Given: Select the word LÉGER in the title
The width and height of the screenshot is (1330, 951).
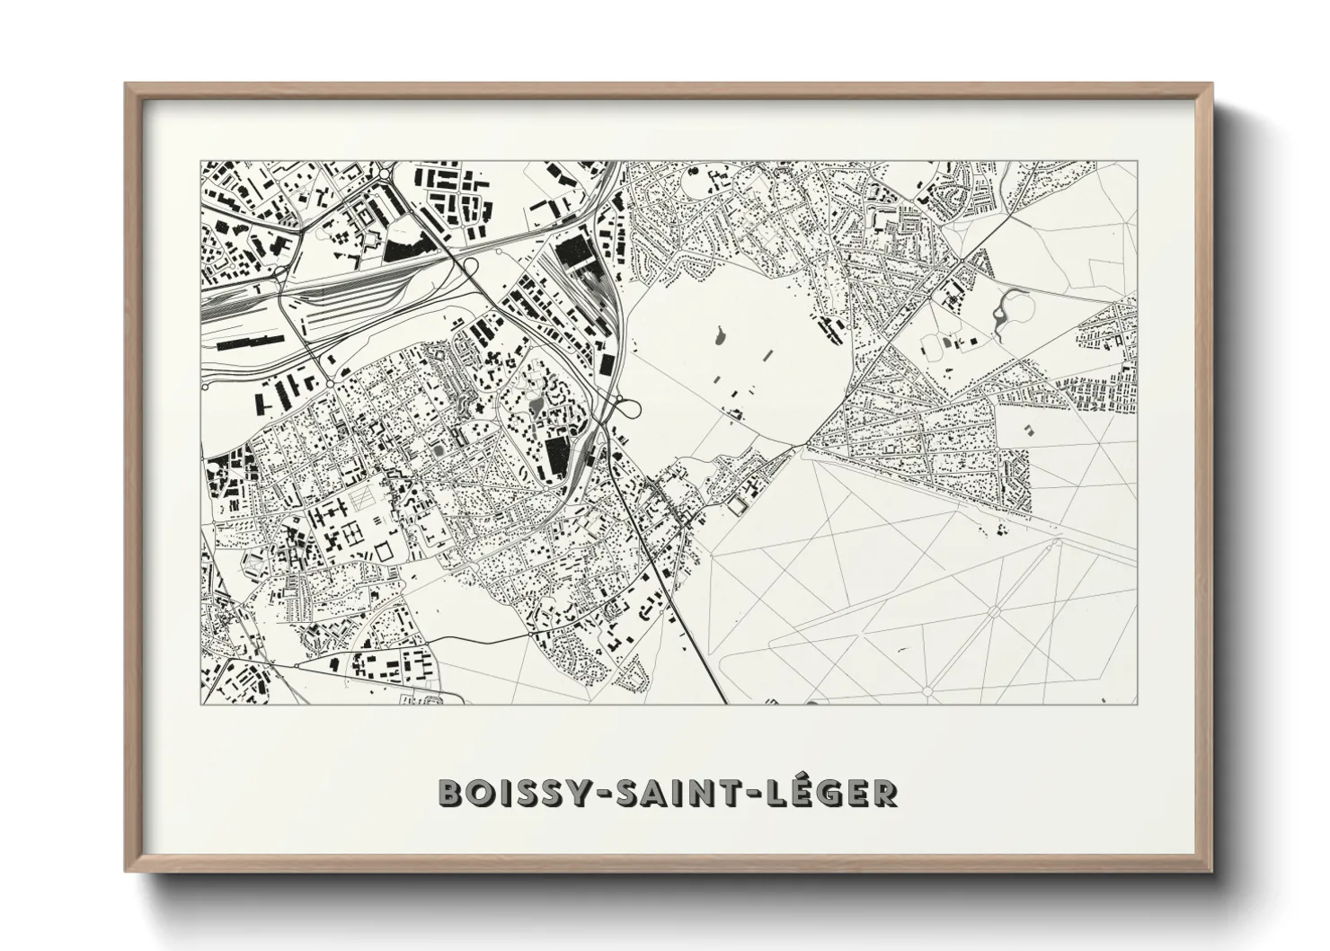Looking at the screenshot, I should click(827, 793).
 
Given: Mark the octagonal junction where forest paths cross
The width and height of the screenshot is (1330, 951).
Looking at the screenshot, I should click(994, 612).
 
